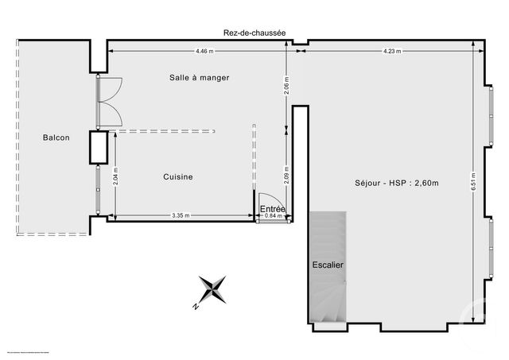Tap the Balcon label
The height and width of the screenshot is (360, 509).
click(x=56, y=137)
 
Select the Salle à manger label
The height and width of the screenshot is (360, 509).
click(x=199, y=77)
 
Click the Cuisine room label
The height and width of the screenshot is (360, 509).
click(x=178, y=177)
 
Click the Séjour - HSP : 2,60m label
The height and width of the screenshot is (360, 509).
click(x=386, y=183)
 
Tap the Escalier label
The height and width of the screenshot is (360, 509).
click(x=328, y=265)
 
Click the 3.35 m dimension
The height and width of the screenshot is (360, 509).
click(x=183, y=215)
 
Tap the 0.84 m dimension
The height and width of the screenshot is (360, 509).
click(x=274, y=215)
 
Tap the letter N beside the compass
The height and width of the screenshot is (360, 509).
click(x=195, y=305)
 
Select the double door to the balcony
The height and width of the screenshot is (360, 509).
click(x=107, y=101)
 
